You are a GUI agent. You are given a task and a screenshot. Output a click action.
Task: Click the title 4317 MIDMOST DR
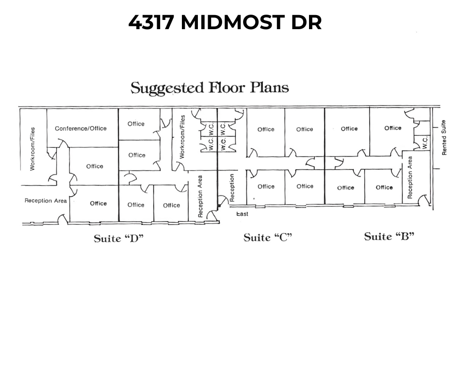[225, 22]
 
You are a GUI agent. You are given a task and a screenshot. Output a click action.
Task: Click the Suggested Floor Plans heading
[210, 88]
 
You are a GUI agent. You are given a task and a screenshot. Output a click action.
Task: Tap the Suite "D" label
[119, 239]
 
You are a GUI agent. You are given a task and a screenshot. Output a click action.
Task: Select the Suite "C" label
[268, 238]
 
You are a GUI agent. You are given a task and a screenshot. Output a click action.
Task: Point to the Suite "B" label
[389, 236]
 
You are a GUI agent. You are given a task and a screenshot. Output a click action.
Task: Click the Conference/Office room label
[81, 128]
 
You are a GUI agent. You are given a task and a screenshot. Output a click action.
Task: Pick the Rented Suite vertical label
[444, 138]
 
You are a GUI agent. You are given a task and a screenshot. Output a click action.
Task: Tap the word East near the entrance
[242, 214]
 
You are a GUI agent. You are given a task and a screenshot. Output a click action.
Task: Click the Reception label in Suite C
[232, 188]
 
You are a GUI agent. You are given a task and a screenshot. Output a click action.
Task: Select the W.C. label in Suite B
[425, 143]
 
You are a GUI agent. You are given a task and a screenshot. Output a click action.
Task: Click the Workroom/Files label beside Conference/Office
[33, 149]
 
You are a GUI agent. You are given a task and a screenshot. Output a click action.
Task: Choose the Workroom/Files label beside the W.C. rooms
[182, 137]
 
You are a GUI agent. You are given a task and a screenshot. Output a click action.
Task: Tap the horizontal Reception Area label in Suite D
[46, 201]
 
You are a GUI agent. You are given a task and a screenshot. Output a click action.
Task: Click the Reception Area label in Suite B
[410, 177]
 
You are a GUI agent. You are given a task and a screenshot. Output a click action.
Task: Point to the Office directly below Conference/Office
[95, 166]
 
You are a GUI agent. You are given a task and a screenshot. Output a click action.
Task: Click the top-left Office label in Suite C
[266, 129]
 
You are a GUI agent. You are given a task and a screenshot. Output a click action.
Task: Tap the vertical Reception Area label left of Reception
[200, 196]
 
